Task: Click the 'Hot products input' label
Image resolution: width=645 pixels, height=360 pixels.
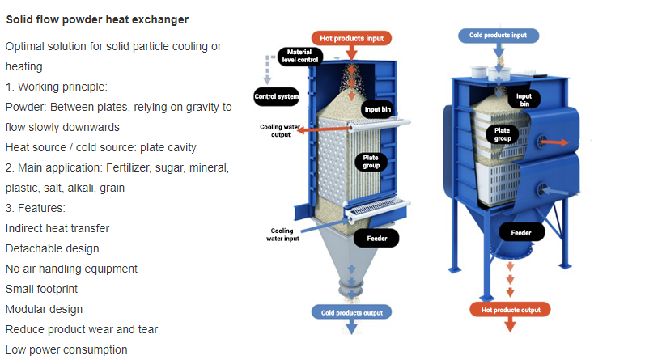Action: (351, 38)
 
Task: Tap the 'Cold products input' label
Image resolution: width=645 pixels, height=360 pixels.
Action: (499, 36)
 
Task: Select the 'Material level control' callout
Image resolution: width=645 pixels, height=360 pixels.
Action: (300, 56)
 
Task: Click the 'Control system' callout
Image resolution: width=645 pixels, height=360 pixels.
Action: (277, 96)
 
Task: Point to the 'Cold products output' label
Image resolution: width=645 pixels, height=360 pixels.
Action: (351, 313)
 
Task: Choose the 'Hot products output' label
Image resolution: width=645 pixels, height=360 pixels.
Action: (510, 310)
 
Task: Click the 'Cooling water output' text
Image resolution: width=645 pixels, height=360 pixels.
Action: (280, 131)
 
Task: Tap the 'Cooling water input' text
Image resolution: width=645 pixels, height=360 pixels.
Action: (282, 235)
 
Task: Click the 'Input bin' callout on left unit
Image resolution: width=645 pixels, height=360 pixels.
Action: (378, 109)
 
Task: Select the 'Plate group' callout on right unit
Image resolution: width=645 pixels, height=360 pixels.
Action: (503, 134)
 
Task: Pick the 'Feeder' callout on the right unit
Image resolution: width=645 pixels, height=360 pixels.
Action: (521, 232)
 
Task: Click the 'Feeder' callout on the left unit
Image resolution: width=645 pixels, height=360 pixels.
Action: (377, 238)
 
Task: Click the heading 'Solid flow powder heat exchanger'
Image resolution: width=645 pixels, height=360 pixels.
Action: (97, 19)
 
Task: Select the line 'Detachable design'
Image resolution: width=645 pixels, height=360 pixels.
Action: (53, 248)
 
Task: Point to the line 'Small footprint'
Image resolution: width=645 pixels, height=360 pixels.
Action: (41, 289)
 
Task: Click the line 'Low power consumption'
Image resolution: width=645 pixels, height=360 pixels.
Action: (66, 349)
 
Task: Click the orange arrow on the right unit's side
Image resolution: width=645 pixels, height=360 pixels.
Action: (554, 142)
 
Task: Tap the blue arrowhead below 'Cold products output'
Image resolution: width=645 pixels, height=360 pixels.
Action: (351, 327)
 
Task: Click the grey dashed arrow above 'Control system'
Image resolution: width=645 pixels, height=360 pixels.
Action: (268, 69)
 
